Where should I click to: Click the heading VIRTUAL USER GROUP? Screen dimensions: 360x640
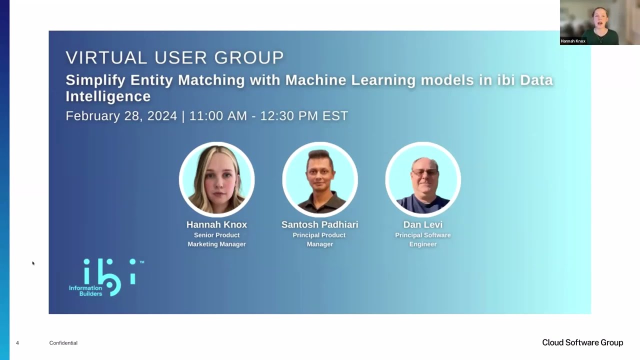click(x=174, y=57)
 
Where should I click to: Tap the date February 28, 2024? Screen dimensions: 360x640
click(x=121, y=116)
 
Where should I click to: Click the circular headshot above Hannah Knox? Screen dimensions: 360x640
click(x=217, y=179)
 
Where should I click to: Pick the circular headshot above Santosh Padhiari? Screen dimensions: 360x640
click(x=320, y=179)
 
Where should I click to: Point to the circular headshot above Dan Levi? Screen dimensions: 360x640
click(x=423, y=179)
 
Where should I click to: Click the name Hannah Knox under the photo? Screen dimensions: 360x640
click(x=216, y=224)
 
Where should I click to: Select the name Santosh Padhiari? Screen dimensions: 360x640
click(x=320, y=224)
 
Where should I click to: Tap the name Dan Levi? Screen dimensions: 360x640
click(x=423, y=224)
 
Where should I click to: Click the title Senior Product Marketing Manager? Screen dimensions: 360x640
click(x=216, y=239)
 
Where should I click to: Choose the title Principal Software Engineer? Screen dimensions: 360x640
click(x=423, y=239)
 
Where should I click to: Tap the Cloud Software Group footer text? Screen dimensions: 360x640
click(x=582, y=342)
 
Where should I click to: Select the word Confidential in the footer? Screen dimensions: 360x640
click(x=63, y=343)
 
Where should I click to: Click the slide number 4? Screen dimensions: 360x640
click(x=17, y=343)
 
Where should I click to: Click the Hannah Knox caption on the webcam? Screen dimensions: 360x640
click(x=573, y=41)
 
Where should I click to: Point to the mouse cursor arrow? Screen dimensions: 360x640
click(x=33, y=263)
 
